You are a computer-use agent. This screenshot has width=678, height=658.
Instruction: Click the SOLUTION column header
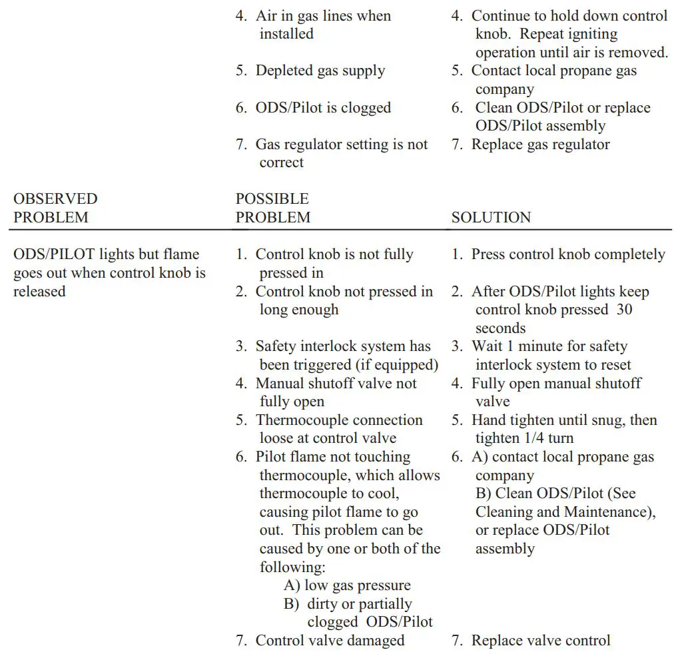(491, 217)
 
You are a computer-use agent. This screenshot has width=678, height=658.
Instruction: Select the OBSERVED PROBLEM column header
(55, 208)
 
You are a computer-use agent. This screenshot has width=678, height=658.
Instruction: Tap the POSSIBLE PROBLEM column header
(272, 208)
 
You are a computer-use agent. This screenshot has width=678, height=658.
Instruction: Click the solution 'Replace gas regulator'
(540, 144)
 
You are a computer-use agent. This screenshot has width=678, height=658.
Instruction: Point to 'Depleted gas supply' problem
(320, 71)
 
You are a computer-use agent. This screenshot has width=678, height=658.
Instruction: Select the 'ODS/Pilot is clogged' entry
(323, 108)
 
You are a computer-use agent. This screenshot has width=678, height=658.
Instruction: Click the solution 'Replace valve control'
(540, 641)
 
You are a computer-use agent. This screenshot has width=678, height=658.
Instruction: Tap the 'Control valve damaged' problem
(330, 641)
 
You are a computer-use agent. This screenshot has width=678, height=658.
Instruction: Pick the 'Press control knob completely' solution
(568, 254)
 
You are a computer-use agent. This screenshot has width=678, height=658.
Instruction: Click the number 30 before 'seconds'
(624, 310)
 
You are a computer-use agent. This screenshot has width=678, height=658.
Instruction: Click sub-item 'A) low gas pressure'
(347, 585)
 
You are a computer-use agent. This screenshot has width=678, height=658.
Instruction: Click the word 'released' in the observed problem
(39, 292)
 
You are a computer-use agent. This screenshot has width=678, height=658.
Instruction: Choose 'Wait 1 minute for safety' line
(549, 346)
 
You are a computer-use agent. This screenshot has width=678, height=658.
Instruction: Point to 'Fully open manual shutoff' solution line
(556, 384)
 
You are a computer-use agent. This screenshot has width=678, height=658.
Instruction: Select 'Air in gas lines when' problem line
(323, 16)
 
